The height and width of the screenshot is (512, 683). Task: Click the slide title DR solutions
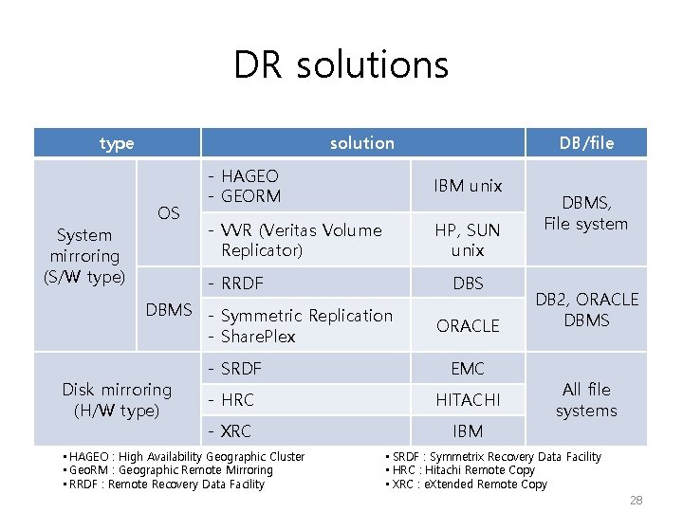[x=341, y=65]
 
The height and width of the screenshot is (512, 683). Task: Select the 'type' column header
[x=117, y=143]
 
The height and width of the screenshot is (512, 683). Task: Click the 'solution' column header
[x=361, y=143]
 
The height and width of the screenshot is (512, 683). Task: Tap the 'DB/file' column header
[x=586, y=143]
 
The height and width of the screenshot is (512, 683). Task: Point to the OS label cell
[x=169, y=212]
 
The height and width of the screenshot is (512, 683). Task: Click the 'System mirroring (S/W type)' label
[x=84, y=255]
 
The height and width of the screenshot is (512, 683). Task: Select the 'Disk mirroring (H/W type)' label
[x=117, y=399]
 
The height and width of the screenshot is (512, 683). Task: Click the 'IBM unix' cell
[x=468, y=186]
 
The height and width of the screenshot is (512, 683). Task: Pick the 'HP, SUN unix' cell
[x=468, y=240]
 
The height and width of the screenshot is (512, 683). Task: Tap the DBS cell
[x=468, y=283]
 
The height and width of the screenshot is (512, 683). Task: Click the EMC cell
[x=468, y=369]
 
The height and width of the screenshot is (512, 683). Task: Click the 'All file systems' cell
[x=586, y=399]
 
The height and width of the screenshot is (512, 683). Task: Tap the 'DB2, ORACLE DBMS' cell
[x=586, y=310]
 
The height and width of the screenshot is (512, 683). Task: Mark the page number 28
[x=636, y=500]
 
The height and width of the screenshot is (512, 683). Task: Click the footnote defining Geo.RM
[x=168, y=470]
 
